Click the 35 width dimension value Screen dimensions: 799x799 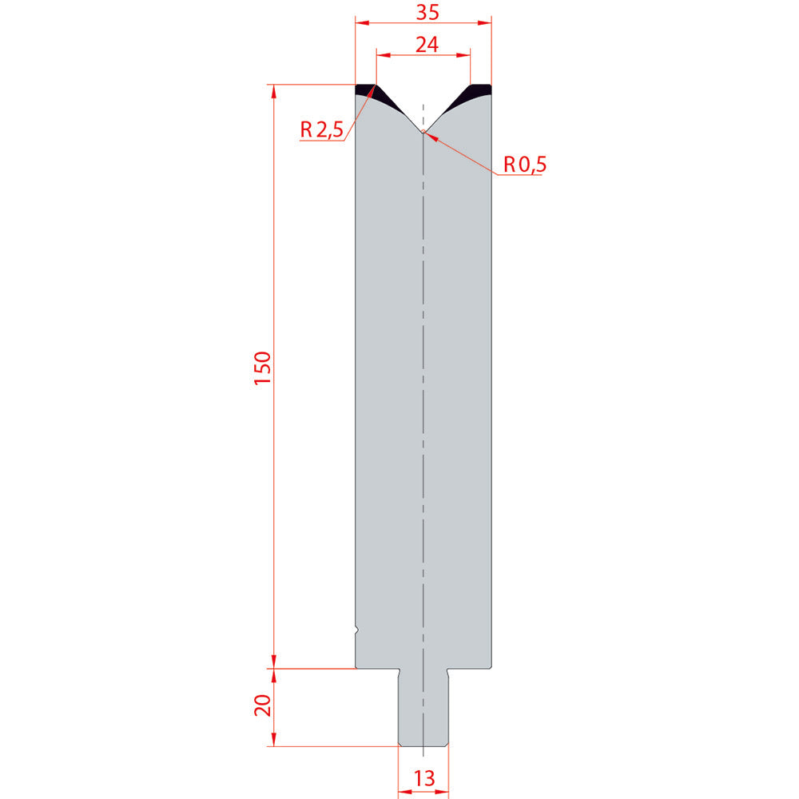(427, 12)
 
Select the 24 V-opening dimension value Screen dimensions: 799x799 (427, 45)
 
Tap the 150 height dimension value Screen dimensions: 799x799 (263, 368)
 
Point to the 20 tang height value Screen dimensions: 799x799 (263, 706)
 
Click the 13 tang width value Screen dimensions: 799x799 (424, 778)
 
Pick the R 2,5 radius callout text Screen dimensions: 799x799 (321, 130)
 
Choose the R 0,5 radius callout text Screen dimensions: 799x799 (525, 164)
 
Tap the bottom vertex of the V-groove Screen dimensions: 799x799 (423, 132)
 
